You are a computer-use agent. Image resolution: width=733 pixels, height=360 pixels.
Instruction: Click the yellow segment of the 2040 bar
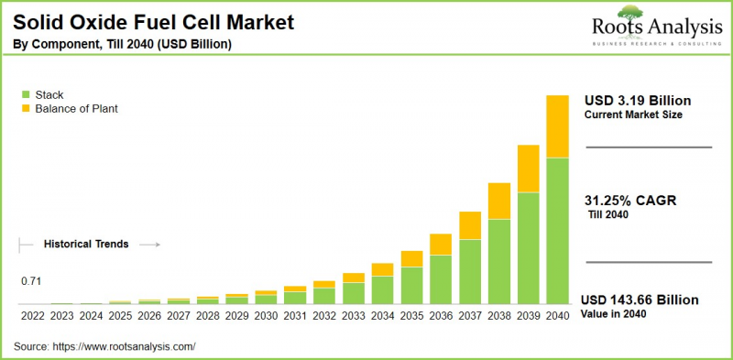pyautogui.click(x=557, y=126)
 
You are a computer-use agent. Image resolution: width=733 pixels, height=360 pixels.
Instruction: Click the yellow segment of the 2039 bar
pyautogui.click(x=528, y=169)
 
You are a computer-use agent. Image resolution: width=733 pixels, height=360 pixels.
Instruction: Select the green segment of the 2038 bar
pyautogui.click(x=498, y=262)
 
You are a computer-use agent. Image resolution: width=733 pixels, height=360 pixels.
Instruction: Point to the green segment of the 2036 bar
pyautogui.click(x=441, y=279)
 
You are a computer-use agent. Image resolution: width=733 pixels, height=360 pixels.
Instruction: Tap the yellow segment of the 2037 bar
pyautogui.click(x=470, y=225)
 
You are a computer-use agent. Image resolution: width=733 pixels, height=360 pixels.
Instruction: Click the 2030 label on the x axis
pyautogui.click(x=266, y=315)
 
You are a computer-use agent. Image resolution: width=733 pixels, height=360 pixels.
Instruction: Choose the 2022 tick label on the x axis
pyautogui.click(x=33, y=315)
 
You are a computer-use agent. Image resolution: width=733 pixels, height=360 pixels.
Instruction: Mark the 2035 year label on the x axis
pyautogui.click(x=411, y=315)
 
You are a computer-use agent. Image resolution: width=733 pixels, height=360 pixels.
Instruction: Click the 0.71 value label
pyautogui.click(x=33, y=280)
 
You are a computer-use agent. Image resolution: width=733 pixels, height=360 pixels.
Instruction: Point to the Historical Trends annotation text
pyautogui.click(x=86, y=245)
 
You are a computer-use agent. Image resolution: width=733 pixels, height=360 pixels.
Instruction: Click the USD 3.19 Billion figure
pyautogui.click(x=638, y=100)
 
